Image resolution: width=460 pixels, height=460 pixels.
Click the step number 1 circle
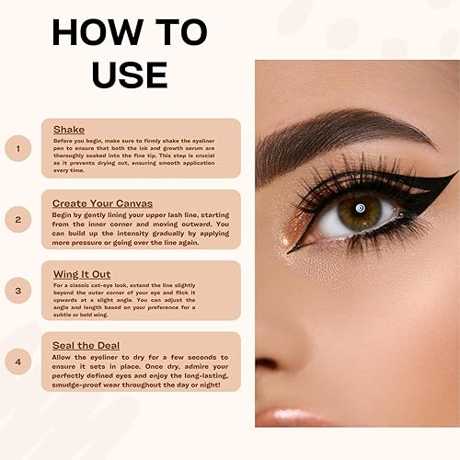(17, 147)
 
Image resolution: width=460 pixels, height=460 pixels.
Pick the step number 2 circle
(17, 219)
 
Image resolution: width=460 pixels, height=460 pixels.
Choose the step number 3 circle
(17, 290)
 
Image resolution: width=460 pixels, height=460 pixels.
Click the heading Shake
(68, 130)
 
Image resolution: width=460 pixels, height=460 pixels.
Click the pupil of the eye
(360, 212)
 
